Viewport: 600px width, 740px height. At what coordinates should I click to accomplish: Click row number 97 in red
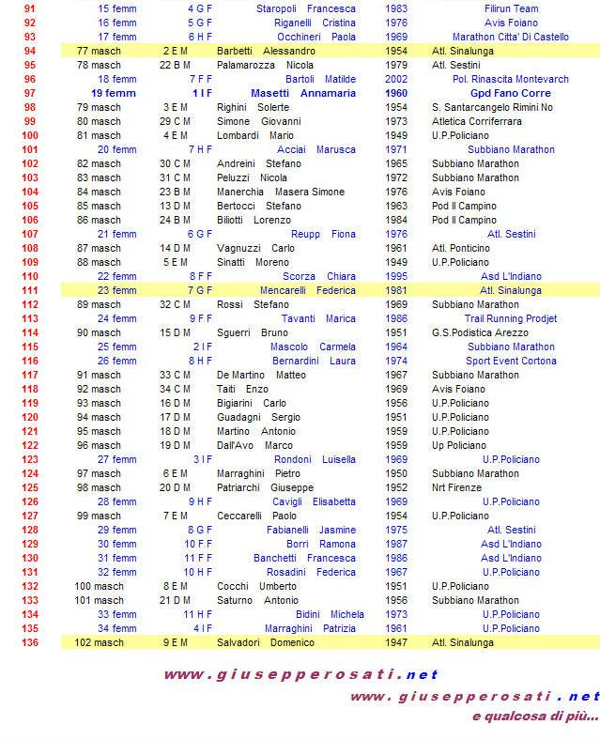(30, 94)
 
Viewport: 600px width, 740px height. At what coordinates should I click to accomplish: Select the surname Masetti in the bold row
(270, 94)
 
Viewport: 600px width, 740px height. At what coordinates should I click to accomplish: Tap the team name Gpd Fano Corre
(510, 94)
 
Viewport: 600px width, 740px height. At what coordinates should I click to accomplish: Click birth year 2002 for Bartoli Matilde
(396, 80)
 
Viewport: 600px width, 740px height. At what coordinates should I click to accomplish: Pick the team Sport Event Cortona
(510, 362)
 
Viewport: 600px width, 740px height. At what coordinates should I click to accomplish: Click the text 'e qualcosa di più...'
(535, 717)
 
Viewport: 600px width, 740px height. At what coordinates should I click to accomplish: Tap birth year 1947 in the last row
(396, 643)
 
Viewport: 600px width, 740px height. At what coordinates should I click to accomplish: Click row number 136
(30, 643)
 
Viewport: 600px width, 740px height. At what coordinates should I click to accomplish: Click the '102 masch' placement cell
(99, 643)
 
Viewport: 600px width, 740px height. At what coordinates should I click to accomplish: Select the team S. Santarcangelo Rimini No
(491, 108)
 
